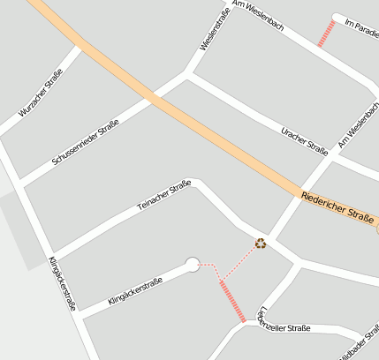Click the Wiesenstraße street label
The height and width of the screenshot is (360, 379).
pos(215,31)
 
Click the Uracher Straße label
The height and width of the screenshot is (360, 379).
pos(304,139)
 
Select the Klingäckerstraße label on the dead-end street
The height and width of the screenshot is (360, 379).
pos(134,292)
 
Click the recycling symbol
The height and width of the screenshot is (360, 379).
pos(261,244)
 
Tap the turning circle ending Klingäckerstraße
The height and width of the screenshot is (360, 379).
pos(193,264)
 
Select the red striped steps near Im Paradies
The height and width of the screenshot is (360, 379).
pos(326,34)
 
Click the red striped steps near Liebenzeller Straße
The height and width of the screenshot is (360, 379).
pos(231,300)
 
